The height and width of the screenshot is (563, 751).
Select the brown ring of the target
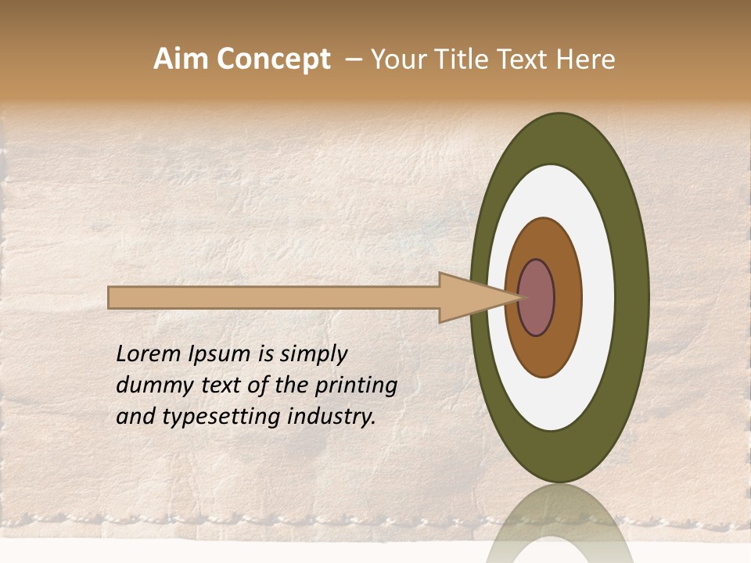click(x=567, y=297)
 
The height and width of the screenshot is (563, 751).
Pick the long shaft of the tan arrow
click(x=274, y=298)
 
